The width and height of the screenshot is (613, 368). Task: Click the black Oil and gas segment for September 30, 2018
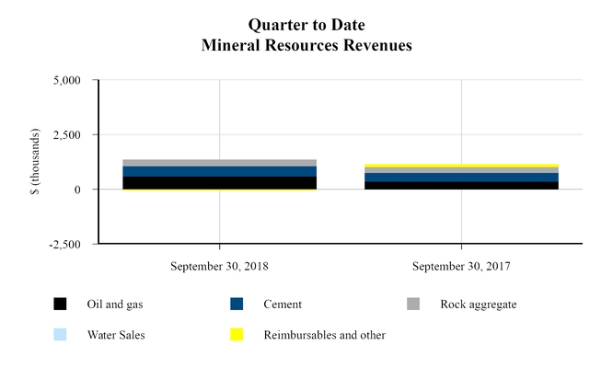coord(219,183)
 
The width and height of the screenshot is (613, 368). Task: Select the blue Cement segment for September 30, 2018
coord(219,171)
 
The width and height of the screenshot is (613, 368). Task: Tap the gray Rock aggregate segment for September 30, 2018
coord(219,163)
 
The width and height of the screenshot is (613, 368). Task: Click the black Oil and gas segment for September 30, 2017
coord(461,185)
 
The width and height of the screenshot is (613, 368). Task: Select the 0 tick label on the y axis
coord(78,190)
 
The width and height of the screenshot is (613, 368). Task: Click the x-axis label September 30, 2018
coord(219,267)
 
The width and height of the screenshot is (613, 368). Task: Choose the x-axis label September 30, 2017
coord(461,267)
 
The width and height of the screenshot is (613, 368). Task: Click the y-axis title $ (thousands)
coord(34,162)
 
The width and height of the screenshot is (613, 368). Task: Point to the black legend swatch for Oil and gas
coord(61,305)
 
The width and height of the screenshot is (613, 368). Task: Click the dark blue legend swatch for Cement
coord(237,305)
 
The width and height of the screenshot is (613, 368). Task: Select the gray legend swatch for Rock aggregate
coord(413,305)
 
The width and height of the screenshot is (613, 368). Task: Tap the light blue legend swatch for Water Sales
coord(61,335)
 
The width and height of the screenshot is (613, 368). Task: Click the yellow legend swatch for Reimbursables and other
coord(237,335)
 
